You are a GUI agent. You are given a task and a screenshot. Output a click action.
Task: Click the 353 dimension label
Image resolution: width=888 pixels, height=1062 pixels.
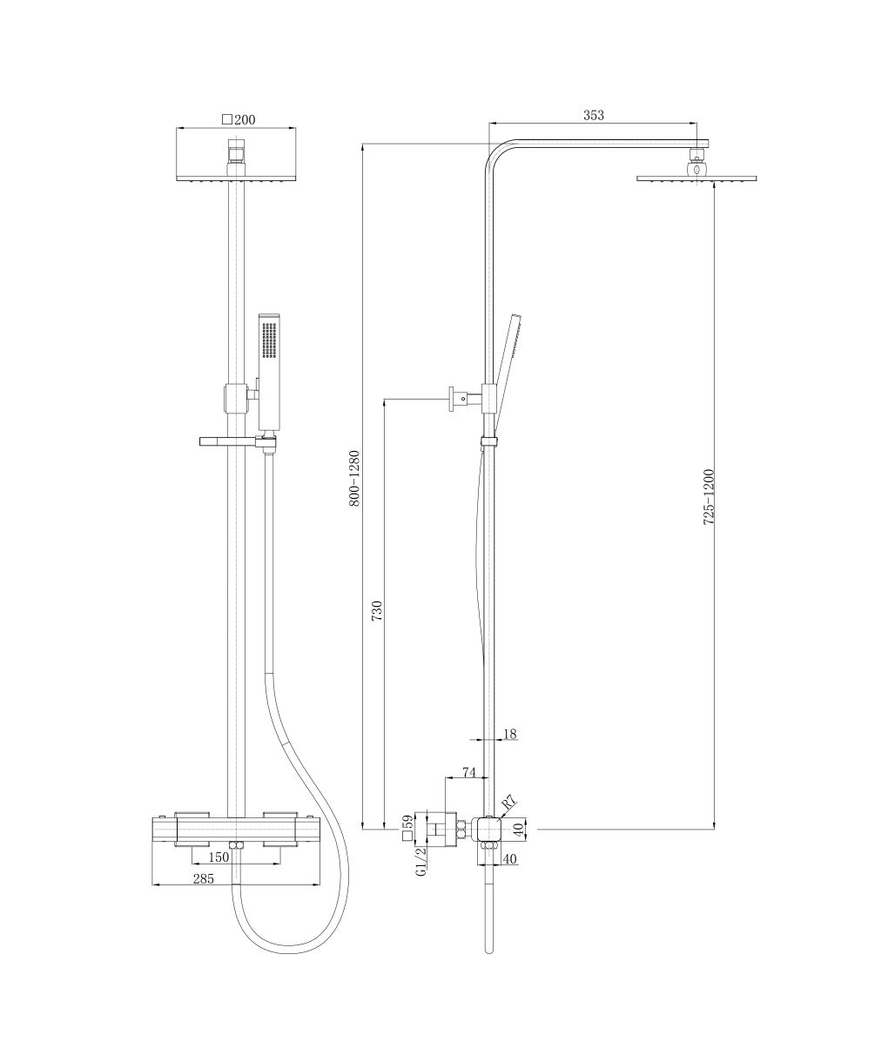click(x=593, y=115)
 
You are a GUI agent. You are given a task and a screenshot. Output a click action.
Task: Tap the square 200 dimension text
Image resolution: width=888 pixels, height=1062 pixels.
click(x=239, y=120)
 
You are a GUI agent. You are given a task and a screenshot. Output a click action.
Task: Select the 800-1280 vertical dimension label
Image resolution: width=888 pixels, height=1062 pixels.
click(x=354, y=478)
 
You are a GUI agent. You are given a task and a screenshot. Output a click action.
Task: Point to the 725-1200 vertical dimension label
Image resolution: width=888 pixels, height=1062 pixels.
click(x=709, y=497)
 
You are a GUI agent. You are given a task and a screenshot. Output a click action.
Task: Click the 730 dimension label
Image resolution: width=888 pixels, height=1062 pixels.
click(x=377, y=610)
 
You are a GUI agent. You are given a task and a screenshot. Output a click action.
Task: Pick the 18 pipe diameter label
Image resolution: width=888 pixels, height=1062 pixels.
click(x=509, y=734)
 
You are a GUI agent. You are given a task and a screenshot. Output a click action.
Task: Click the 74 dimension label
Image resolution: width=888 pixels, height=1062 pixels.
click(x=469, y=773)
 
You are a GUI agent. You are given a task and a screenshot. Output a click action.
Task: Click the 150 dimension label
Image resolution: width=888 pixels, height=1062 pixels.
click(x=219, y=857)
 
